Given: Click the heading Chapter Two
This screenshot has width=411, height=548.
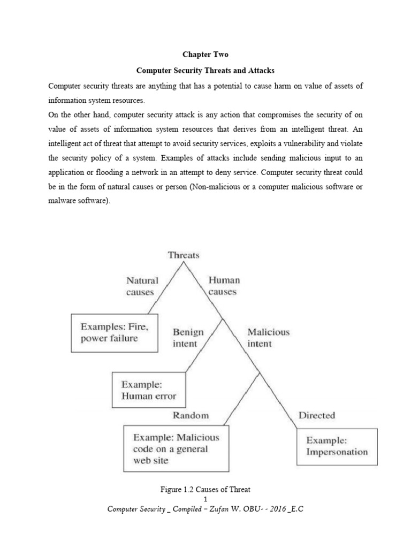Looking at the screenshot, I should (205, 55).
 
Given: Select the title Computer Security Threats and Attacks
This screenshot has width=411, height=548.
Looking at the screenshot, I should (205, 71).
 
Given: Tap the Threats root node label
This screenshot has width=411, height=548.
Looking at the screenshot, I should (184, 255).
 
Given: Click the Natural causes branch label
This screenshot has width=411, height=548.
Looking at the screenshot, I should (142, 286).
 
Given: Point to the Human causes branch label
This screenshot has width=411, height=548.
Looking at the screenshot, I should (223, 286).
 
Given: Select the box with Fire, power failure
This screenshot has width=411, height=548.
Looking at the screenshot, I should (115, 332).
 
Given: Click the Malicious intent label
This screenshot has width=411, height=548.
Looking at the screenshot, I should (268, 338).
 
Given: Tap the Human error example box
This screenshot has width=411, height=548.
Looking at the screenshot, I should (148, 390).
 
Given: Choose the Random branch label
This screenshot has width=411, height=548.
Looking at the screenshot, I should (191, 415).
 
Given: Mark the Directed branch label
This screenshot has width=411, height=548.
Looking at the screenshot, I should (316, 415).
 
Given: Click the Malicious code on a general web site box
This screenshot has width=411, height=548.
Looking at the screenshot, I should (176, 448).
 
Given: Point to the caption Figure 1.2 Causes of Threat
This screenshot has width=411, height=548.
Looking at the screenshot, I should (205, 489).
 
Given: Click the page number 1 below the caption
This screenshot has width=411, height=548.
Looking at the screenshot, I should (205, 499).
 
